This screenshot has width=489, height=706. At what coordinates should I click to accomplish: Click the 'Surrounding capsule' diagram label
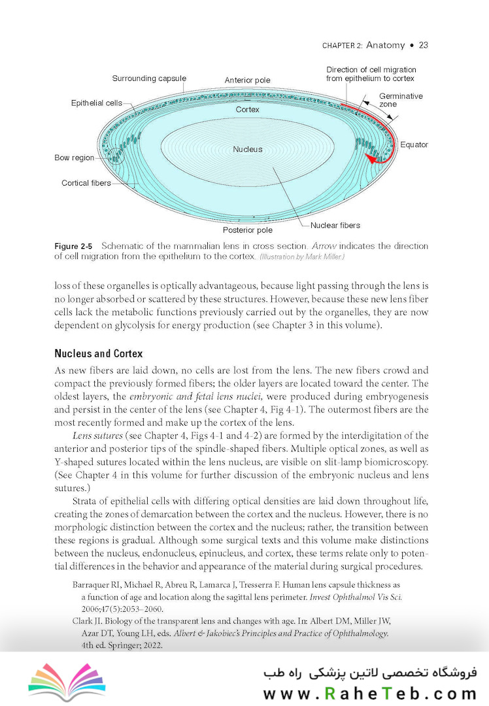148,78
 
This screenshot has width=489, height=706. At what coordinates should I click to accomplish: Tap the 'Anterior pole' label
247,80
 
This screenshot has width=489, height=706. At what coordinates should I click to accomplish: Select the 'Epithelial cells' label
96,103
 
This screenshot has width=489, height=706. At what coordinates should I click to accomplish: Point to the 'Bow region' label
74,158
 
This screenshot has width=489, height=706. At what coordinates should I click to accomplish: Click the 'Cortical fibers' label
86,183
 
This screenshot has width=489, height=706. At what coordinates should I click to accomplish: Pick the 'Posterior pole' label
248,230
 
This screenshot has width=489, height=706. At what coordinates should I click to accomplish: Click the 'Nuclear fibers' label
335,226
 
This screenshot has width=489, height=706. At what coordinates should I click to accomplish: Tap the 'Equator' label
414,144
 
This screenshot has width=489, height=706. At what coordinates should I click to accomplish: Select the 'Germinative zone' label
401,100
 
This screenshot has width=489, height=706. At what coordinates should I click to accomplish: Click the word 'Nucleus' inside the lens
248,150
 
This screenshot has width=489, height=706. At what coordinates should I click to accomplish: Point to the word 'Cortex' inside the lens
248,110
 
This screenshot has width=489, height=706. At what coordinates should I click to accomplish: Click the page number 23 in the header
423,45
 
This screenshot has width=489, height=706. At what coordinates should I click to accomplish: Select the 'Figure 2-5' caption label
73,246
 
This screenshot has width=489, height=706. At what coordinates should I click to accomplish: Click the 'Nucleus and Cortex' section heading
98,354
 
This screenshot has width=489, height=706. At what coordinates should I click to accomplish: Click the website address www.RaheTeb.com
370,693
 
